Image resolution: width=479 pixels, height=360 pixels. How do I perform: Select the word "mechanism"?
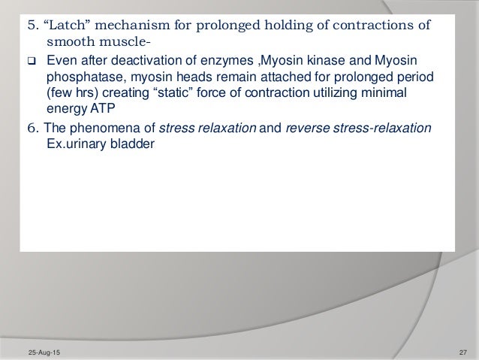click(x=129, y=23)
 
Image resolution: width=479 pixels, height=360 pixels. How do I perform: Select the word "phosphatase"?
click(x=80, y=77)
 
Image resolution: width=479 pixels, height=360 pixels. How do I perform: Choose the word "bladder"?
click(x=131, y=144)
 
